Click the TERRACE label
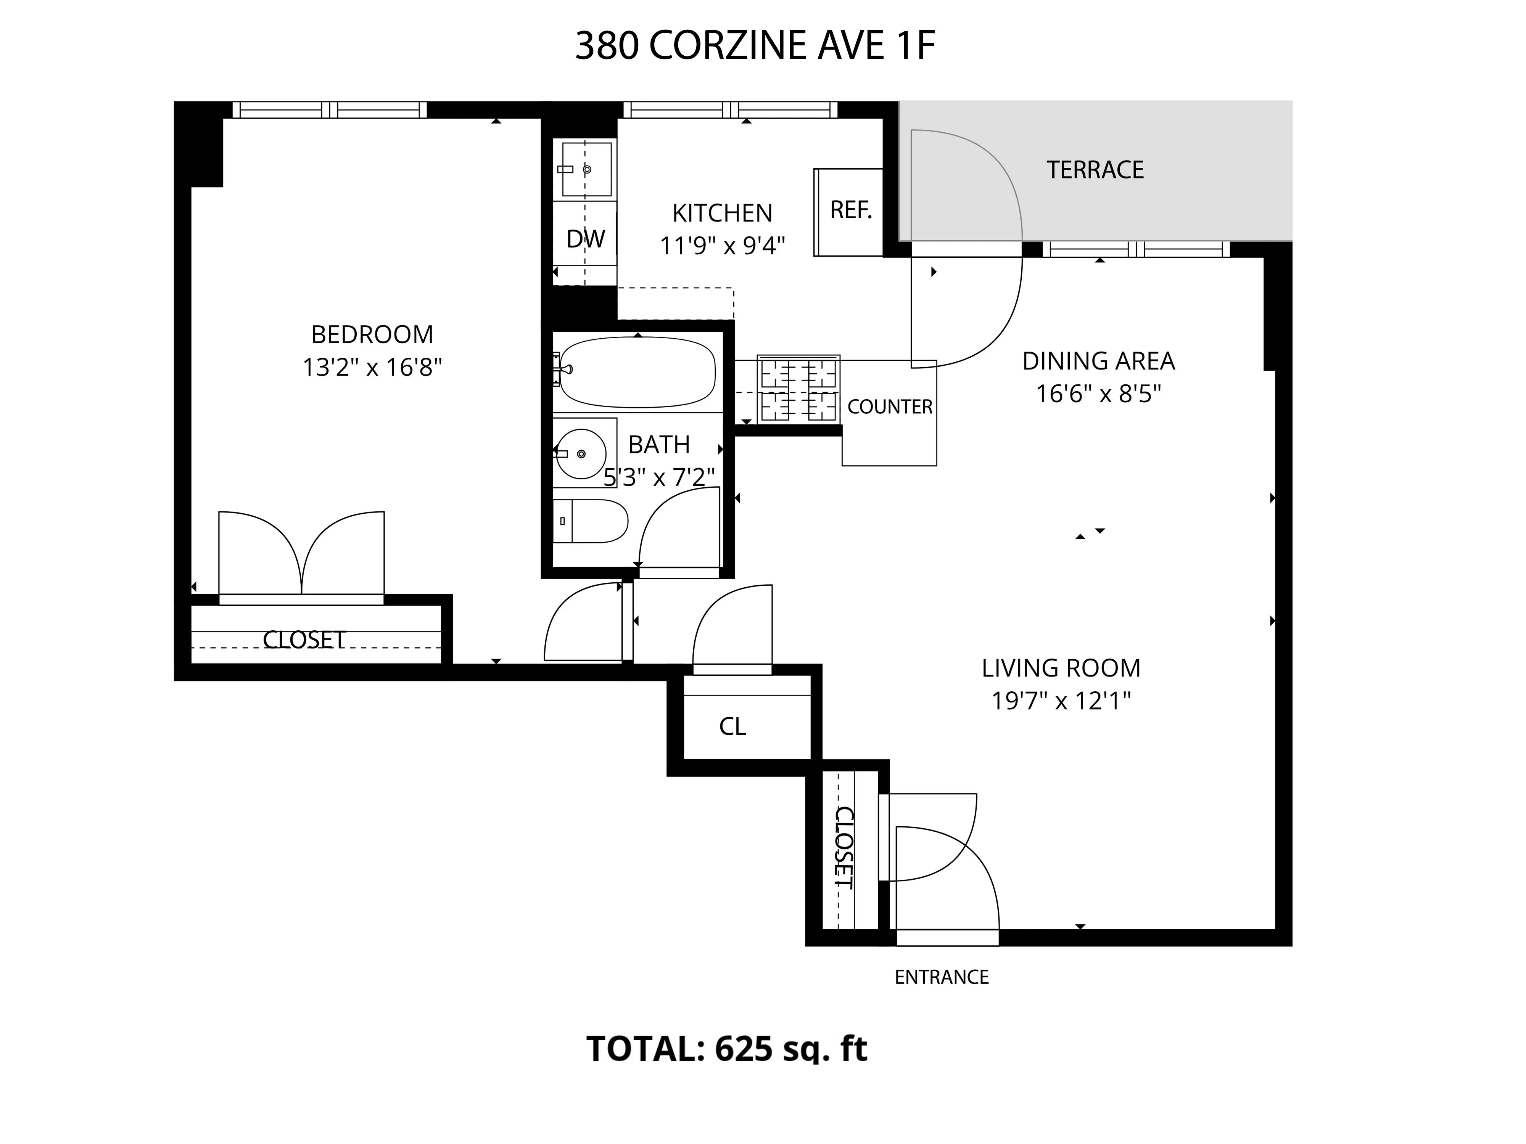point(1095,170)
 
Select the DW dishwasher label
point(585,239)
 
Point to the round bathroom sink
point(581,454)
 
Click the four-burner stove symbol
point(798,389)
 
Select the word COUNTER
point(889,407)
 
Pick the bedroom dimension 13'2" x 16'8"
point(372,368)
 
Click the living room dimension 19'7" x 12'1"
point(1060,701)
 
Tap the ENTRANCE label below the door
point(942,977)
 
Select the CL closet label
point(732,726)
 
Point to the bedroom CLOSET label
point(304,640)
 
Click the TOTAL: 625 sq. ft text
point(726,1049)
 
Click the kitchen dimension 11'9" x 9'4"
point(722,246)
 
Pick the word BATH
point(659,445)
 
